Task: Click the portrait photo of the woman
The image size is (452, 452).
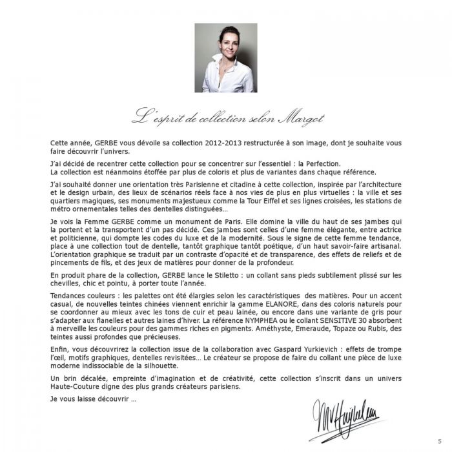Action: tap(225, 58)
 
